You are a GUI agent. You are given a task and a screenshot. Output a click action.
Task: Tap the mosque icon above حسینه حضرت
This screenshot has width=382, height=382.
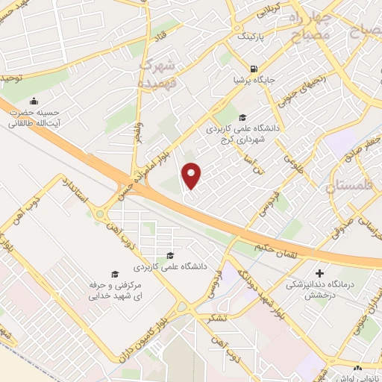tap(33, 102)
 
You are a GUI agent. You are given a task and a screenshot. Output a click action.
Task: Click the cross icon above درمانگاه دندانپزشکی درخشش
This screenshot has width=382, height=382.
tap(320, 273)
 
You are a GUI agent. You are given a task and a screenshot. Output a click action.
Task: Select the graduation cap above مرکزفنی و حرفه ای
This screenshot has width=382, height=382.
tap(114, 274)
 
